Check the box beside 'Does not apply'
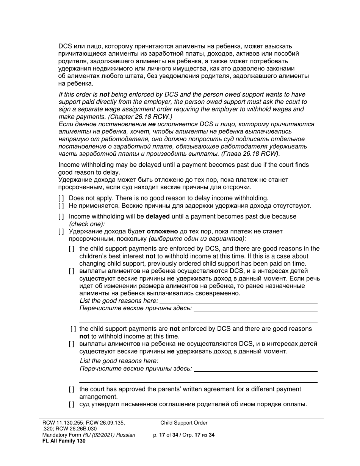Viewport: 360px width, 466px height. coord(61,198)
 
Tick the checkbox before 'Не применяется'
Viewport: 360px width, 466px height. coord(61,206)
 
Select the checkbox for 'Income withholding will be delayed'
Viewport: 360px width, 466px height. coord(61,217)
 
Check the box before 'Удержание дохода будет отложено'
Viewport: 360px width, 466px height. coord(61,231)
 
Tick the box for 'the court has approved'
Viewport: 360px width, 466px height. coord(72,389)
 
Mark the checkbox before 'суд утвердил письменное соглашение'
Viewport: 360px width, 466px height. coord(72,404)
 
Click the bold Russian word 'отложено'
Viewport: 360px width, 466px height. coord(162,231)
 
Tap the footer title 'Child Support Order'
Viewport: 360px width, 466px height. coord(184,423)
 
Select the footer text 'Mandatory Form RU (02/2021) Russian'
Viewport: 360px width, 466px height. coord(89,435)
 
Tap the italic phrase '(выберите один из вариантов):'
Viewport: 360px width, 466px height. coord(197,239)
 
